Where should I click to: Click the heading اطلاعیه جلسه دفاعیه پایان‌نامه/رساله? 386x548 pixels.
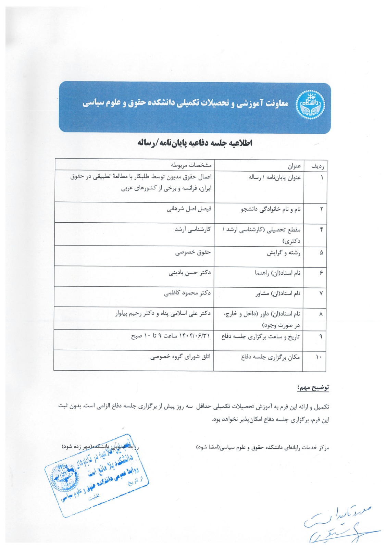(x=195, y=143)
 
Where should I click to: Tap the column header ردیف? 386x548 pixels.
(x=317, y=166)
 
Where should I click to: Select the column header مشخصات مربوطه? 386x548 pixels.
(x=191, y=165)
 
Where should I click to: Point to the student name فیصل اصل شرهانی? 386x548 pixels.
(x=189, y=209)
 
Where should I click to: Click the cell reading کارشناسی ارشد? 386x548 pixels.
(x=193, y=229)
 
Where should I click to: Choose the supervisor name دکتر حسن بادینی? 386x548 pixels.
(x=190, y=273)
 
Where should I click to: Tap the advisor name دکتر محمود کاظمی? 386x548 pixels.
(x=187, y=293)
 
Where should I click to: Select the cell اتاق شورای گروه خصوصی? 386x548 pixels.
(x=180, y=357)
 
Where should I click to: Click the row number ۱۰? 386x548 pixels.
(x=319, y=357)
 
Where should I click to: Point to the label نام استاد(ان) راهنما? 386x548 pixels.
(x=277, y=273)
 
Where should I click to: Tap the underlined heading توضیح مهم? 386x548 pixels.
(x=313, y=388)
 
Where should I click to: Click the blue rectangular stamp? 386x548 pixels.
(x=97, y=475)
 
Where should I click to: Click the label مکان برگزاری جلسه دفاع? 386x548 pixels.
(x=271, y=357)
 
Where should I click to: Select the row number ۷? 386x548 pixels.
(x=321, y=294)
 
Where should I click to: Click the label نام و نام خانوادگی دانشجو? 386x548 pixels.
(x=271, y=209)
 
